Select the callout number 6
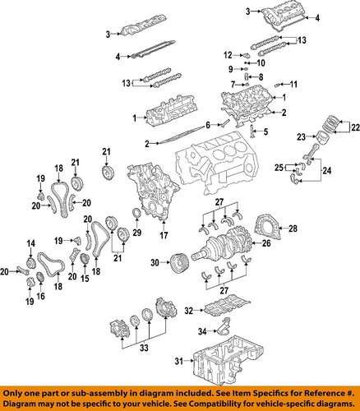209,125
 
